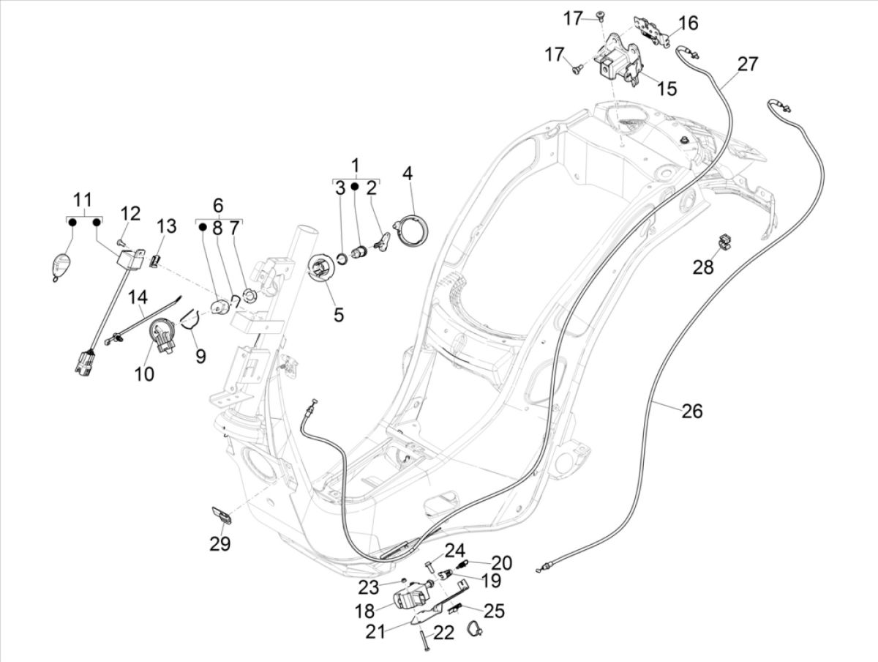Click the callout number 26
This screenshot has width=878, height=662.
[691, 412]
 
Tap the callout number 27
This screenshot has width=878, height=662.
[747, 64]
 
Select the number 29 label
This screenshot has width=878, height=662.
[220, 544]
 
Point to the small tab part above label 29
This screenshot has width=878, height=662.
[222, 515]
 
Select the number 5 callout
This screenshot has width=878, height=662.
[338, 315]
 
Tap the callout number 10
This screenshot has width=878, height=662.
[144, 373]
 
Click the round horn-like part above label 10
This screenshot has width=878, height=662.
[161, 335]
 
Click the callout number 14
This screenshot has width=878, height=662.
[138, 297]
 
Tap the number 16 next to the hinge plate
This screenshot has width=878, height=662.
[688, 23]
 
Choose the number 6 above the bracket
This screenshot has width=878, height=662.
[218, 205]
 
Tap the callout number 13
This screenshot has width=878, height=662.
[167, 226]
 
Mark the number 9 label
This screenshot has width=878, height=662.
[200, 356]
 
